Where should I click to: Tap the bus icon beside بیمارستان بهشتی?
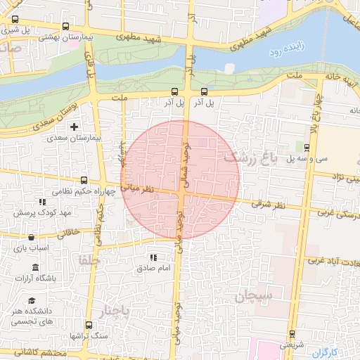pos(65,27)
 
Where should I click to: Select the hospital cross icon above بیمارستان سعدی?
pos(74,127)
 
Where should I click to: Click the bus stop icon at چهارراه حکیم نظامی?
pos(84,180)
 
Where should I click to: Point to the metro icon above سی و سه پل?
pos(307,147)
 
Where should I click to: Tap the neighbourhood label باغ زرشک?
pos(245,157)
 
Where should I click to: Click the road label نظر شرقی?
pos(271,205)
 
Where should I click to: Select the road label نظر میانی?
pos(138,188)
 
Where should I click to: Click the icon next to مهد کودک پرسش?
pos(20,212)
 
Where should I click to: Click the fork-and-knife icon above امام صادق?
pos(153,257)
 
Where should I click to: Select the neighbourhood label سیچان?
pos(254,296)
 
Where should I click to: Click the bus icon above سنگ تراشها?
pos(89,326)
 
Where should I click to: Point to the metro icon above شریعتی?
pos(292,335)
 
